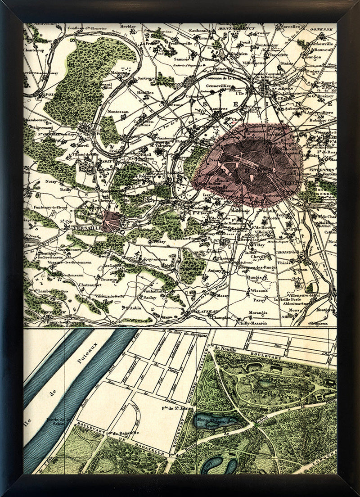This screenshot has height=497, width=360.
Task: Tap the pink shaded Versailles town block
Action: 111,221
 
